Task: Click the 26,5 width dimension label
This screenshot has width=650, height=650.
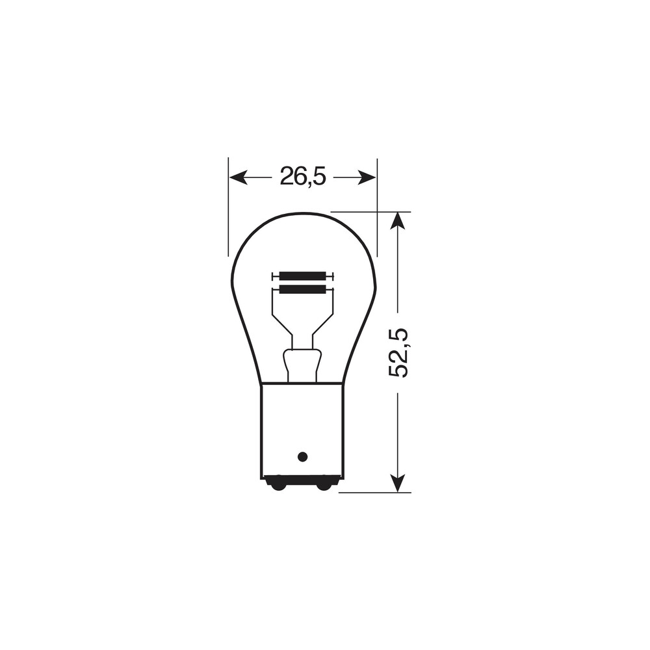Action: pyautogui.click(x=302, y=176)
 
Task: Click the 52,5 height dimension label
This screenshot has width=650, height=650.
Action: pyautogui.click(x=398, y=353)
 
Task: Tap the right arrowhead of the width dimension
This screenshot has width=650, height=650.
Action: pyautogui.click(x=367, y=177)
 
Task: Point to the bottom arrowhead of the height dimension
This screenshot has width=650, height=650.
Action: pyautogui.click(x=398, y=483)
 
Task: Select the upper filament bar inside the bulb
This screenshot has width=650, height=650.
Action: pyautogui.click(x=303, y=276)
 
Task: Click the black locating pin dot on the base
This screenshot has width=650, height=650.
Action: pyautogui.click(x=302, y=456)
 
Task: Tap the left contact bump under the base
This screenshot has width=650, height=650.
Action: pyautogui.click(x=278, y=484)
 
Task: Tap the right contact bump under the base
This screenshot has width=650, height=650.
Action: pyautogui.click(x=324, y=484)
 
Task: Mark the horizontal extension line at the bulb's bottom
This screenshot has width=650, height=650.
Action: pyautogui.click(x=374, y=493)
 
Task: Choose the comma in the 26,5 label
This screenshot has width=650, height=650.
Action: pyautogui.click(x=309, y=183)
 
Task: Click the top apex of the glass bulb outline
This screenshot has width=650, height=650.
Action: pyautogui.click(x=304, y=213)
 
